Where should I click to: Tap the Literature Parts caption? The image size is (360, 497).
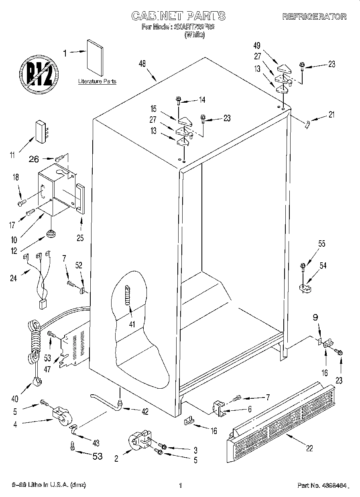click(97, 81)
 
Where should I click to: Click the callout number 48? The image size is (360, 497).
click(142, 63)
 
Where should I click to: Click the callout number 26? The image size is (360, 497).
click(34, 159)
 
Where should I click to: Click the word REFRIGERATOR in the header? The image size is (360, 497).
click(314, 17)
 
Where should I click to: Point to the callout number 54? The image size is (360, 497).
click(323, 265)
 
